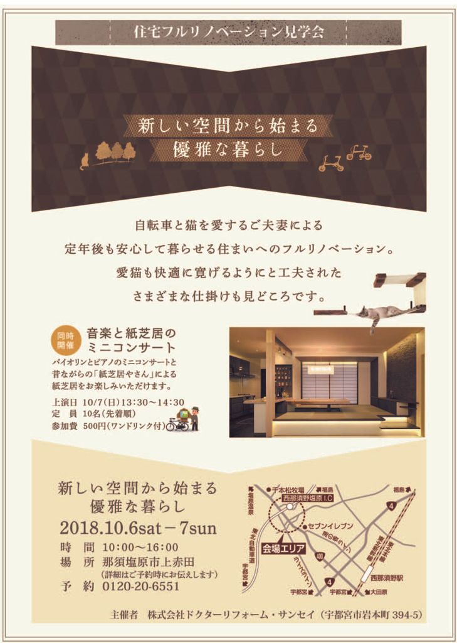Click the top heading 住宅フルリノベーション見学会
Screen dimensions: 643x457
click(x=228, y=32)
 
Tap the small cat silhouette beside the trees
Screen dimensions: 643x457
click(x=84, y=162)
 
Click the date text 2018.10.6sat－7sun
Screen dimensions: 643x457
click(x=138, y=527)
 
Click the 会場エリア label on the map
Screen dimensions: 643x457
click(x=283, y=548)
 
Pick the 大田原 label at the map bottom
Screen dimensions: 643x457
click(x=379, y=592)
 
